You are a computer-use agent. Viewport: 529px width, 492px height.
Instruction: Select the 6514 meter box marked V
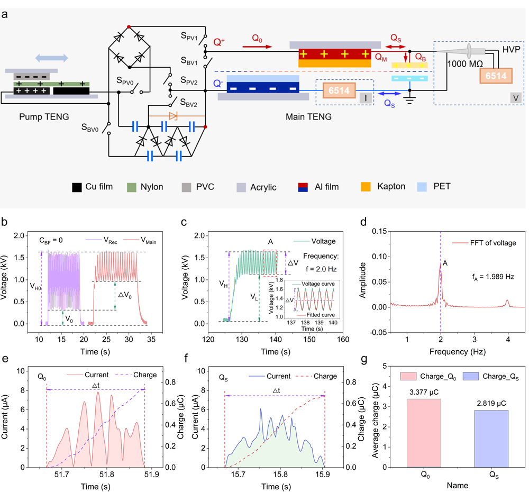click(496, 76)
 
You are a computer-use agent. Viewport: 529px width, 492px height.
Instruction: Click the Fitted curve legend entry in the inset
click(315, 314)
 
